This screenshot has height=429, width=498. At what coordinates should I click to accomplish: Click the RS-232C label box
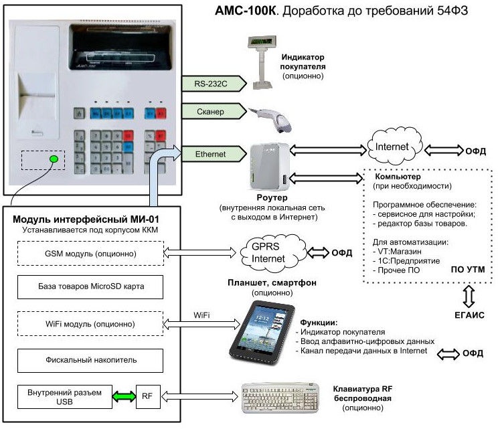210,84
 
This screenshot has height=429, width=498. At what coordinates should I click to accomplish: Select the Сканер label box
210,112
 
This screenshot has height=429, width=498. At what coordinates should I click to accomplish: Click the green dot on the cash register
53,160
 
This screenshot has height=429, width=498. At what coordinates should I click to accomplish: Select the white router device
268,167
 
